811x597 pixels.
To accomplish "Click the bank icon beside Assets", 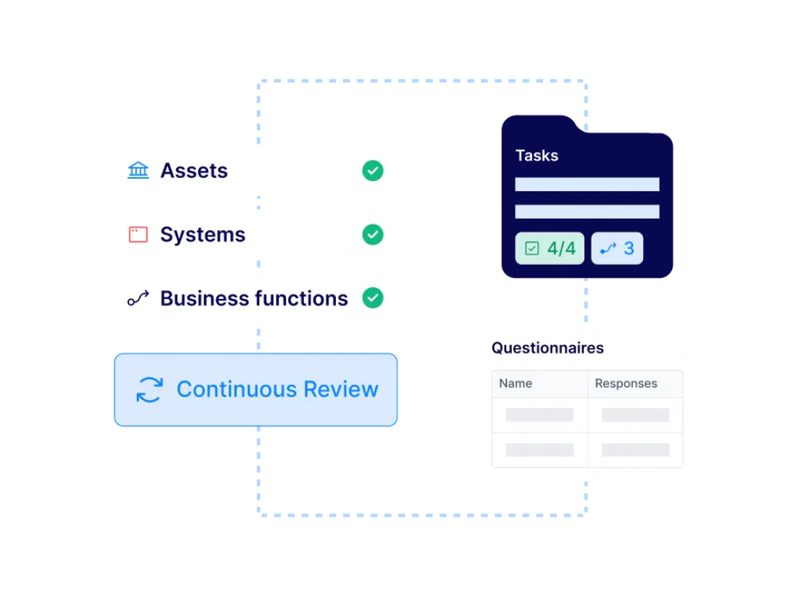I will [138, 171].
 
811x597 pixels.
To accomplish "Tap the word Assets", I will [194, 171].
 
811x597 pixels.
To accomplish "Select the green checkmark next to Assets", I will [373, 171].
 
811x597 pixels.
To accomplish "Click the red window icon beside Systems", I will [138, 234].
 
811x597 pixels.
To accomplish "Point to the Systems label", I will [203, 234].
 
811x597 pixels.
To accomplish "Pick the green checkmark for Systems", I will [373, 234].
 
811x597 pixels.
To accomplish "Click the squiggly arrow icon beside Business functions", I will [138, 298].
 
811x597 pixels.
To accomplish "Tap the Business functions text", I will [254, 298].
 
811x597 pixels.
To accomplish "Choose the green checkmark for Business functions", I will [373, 298].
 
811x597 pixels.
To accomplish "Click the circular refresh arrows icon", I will [149, 389].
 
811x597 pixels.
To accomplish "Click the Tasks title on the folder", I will [537, 156].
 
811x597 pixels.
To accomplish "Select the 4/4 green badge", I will [550, 249].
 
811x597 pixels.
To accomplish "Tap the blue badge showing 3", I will [617, 249].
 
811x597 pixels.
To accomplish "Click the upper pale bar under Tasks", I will [587, 185].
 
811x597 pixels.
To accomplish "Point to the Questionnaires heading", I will [547, 348].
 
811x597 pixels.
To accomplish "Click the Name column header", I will [516, 384].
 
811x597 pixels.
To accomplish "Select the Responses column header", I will [626, 384].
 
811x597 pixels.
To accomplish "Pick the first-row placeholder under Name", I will [539, 415].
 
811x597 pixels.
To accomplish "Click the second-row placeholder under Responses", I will [636, 450].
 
